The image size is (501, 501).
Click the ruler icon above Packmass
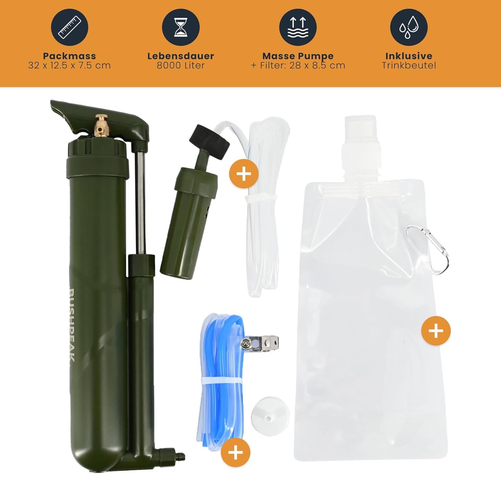69,27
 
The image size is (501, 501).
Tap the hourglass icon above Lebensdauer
181,27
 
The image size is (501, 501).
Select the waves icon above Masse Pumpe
298,27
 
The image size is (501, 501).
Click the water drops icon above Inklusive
409,27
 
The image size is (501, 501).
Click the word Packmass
69,56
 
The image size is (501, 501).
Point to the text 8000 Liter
181,65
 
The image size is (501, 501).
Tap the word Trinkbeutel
409,65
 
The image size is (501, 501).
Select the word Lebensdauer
181,56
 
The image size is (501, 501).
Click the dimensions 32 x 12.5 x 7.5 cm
69,65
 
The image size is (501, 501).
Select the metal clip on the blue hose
260,342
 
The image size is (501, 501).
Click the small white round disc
270,416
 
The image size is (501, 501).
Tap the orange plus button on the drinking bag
436,331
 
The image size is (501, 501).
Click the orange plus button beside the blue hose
235,453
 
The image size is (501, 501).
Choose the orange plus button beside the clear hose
244,174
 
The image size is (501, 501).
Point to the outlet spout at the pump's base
172,455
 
